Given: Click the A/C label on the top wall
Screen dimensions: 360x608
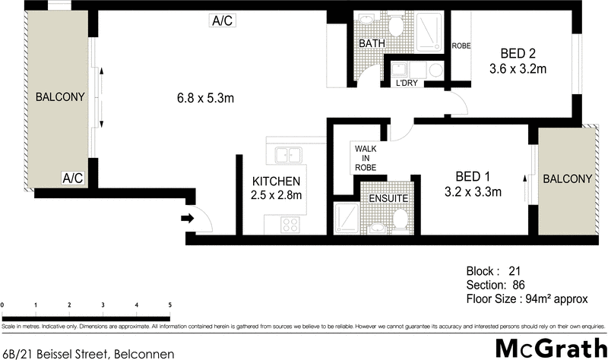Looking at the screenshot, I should coord(223,21).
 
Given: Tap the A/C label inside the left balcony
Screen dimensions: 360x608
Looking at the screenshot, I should coord(73,178).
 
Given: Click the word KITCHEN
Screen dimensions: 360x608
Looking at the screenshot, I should coord(277,182).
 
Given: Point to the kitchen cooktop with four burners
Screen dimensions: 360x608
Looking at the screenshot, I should coord(290,224).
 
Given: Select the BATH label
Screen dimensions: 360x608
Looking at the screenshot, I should coord(372,44).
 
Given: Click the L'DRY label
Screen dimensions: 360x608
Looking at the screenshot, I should coord(407,84).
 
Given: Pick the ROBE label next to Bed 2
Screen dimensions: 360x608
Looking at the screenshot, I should coord(461,46).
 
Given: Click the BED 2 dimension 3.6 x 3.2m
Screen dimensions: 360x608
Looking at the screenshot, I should coord(518,69).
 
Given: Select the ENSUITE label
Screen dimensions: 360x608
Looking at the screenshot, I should coord(388,198).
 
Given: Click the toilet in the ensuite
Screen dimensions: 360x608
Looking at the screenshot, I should coord(400,221).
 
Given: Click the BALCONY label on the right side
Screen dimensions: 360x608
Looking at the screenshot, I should coord(566,178).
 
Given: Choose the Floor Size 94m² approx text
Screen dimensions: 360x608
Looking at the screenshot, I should coord(527,298).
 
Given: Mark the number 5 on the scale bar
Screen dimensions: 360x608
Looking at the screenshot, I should coord(169,305).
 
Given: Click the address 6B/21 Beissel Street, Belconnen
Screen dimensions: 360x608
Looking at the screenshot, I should coord(89,353).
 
